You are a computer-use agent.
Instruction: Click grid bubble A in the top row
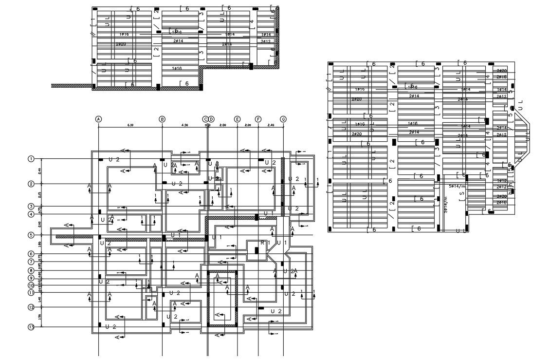click(99, 119)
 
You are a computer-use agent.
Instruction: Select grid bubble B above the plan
click(162, 119)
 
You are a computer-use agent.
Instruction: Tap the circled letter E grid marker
click(237, 119)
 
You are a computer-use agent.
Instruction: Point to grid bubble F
click(258, 119)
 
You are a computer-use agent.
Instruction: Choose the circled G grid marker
click(283, 119)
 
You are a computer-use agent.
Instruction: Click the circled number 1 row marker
click(31, 159)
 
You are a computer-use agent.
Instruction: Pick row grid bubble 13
click(31, 327)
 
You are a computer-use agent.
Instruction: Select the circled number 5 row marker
click(31, 235)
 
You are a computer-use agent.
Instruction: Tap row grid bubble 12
click(31, 307)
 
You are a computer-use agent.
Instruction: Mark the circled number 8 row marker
click(31, 270)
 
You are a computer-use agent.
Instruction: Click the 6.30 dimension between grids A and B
click(130, 125)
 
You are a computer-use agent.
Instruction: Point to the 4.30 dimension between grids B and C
click(184, 125)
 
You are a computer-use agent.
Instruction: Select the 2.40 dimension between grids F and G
click(271, 125)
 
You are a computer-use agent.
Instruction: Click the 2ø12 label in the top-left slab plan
click(266, 41)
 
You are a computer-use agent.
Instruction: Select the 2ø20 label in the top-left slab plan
click(121, 44)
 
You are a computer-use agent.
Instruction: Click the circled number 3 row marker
click(31, 207)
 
